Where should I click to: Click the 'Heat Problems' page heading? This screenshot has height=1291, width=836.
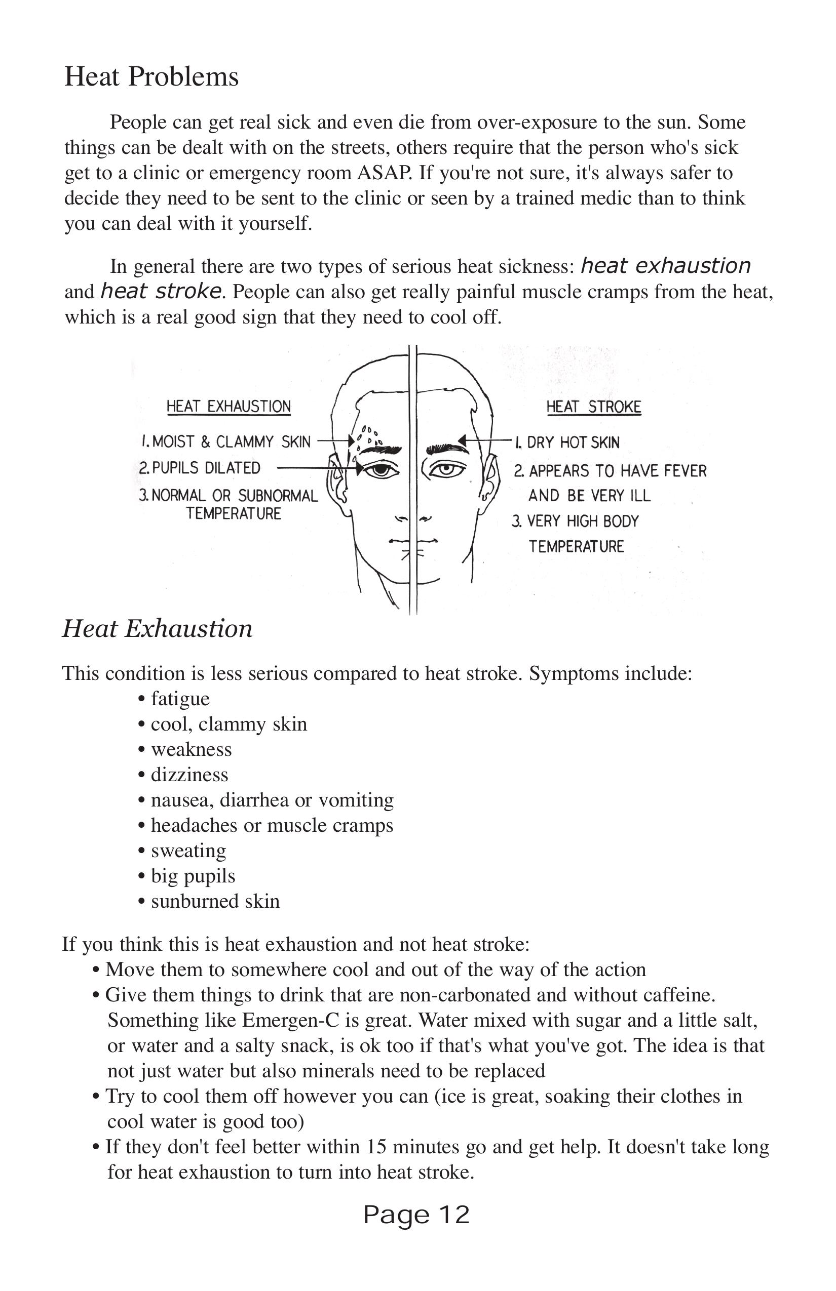(x=151, y=76)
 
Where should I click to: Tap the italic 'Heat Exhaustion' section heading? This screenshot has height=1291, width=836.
(x=158, y=629)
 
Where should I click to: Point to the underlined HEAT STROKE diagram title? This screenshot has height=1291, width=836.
(x=593, y=407)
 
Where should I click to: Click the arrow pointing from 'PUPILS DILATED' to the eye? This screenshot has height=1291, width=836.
(x=318, y=468)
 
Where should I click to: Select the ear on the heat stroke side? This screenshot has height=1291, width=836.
(x=491, y=477)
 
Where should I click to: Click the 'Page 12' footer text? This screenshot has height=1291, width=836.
(x=416, y=1215)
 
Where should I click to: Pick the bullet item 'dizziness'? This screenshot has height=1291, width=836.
(x=189, y=775)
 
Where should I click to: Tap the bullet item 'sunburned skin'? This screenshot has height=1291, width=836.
(x=215, y=901)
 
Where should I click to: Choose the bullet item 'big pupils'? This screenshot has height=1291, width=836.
(x=193, y=875)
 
